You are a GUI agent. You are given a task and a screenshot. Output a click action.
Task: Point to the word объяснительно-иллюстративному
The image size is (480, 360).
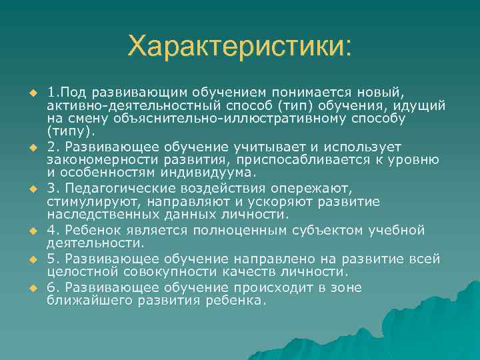(207, 118)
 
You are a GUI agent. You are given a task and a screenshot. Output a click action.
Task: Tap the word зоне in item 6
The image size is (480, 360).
(347, 288)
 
